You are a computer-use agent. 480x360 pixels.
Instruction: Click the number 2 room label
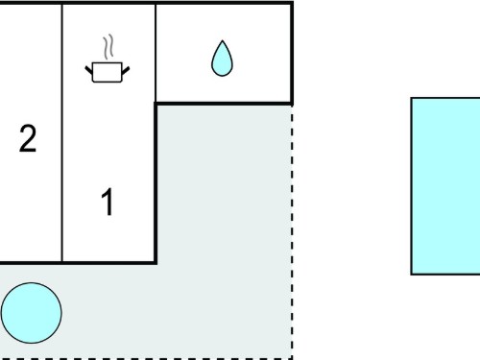pyautogui.click(x=28, y=138)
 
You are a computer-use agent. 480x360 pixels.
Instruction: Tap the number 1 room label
pyautogui.click(x=108, y=202)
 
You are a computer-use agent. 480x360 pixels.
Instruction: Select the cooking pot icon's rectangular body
pyautogui.click(x=108, y=72)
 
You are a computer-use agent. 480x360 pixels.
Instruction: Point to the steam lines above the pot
pyautogui.click(x=108, y=47)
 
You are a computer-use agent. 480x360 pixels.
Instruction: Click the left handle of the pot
pyautogui.click(x=88, y=70)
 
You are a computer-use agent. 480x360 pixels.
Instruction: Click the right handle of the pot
pyautogui.click(x=126, y=70)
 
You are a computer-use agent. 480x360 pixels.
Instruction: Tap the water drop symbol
pyautogui.click(x=222, y=59)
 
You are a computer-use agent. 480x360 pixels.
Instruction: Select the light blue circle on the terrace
pyautogui.click(x=32, y=313)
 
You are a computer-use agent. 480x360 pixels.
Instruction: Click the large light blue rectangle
pyautogui.click(x=445, y=186)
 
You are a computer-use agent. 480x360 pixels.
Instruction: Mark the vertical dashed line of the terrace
pyautogui.click(x=292, y=232)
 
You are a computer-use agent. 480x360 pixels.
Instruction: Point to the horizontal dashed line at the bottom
pyautogui.click(x=146, y=358)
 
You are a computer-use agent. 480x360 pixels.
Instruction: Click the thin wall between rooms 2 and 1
pyautogui.click(x=62, y=132)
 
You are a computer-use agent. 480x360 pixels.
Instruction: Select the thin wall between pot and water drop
pyautogui.click(x=156, y=53)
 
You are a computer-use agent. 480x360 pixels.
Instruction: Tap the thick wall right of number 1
pyautogui.click(x=156, y=183)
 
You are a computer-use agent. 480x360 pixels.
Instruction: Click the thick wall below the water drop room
pyautogui.click(x=224, y=104)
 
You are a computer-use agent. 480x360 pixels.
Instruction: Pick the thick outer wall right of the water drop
pyautogui.click(x=292, y=53)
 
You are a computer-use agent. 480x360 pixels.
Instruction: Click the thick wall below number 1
pyautogui.click(x=79, y=263)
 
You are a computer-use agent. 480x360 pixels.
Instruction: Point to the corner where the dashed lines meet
pyautogui.click(x=292, y=358)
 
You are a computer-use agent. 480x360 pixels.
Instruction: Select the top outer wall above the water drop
pyautogui.click(x=224, y=3)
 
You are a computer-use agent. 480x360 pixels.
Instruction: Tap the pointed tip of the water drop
pyautogui.click(x=222, y=40)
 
